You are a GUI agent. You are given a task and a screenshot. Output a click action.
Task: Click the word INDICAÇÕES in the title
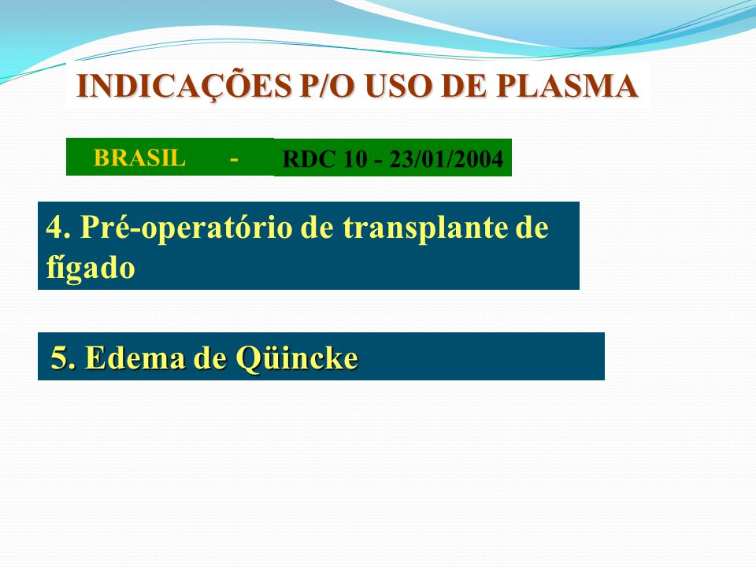pos(184,87)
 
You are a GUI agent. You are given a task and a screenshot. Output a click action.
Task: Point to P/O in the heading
pos(327,86)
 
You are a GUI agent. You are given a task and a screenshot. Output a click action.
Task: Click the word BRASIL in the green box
pos(139,157)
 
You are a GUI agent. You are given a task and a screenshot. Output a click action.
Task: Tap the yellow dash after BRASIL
pos(234,158)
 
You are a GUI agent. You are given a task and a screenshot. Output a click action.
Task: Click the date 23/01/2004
pos(446,158)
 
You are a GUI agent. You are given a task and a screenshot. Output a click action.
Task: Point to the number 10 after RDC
pos(354,158)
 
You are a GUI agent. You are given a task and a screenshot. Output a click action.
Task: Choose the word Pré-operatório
pos(186,228)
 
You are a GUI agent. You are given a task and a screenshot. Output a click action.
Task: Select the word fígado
pos(90,267)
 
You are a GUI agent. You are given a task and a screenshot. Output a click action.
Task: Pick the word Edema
pos(135,358)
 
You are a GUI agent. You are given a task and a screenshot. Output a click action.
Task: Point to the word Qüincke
pos(297,358)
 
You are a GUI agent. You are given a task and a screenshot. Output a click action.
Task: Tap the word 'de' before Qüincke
pos(209,358)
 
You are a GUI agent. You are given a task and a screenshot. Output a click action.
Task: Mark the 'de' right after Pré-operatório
pos(317,227)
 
